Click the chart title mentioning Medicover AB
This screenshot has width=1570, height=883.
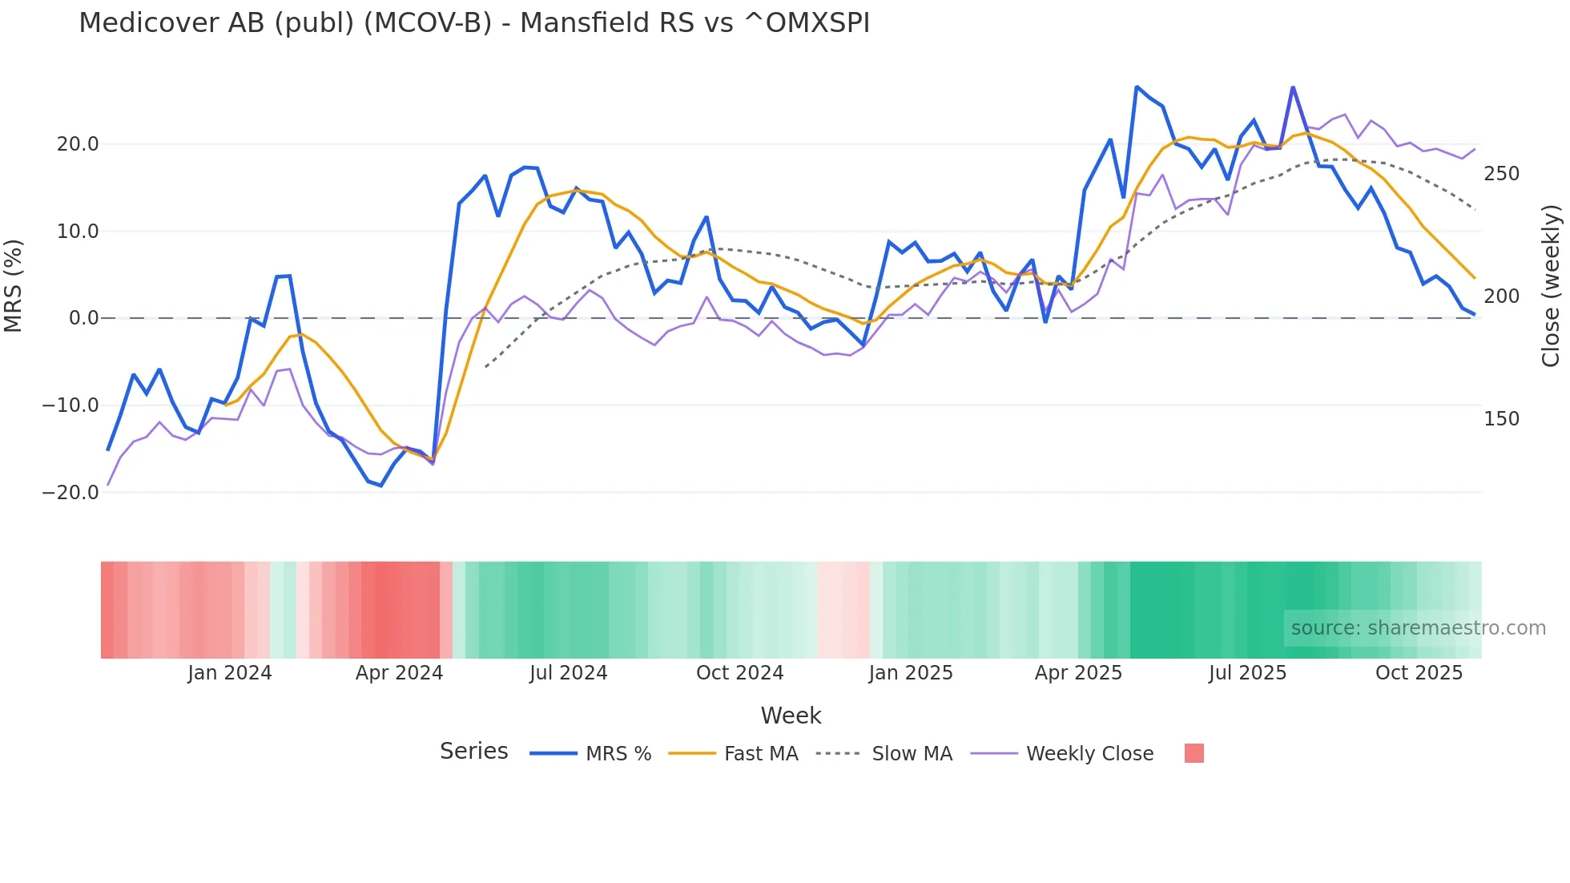pyautogui.click(x=473, y=23)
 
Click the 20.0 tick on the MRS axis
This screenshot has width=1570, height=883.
pyautogui.click(x=78, y=144)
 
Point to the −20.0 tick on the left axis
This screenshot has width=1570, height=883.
pyautogui.click(x=70, y=493)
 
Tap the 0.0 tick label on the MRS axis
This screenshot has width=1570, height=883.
pyautogui.click(x=83, y=318)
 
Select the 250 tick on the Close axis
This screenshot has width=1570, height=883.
pyautogui.click(x=1501, y=174)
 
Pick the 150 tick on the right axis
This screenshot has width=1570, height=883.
pyautogui.click(x=1501, y=419)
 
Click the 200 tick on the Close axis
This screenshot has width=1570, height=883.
pyautogui.click(x=1501, y=296)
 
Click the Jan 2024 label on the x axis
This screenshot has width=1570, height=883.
pyautogui.click(x=230, y=673)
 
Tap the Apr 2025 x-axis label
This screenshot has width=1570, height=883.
pyautogui.click(x=1078, y=673)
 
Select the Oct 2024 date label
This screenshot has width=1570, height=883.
pyautogui.click(x=739, y=673)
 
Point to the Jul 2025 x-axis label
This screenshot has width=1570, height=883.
pyautogui.click(x=1247, y=673)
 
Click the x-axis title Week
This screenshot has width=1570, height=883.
pyautogui.click(x=791, y=716)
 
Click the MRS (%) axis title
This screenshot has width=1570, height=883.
pyautogui.click(x=14, y=286)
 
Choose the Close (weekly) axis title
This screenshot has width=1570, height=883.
pyautogui.click(x=1551, y=286)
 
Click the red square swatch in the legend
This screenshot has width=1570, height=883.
pyautogui.click(x=1194, y=753)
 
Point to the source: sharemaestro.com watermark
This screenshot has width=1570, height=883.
pyautogui.click(x=1418, y=628)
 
